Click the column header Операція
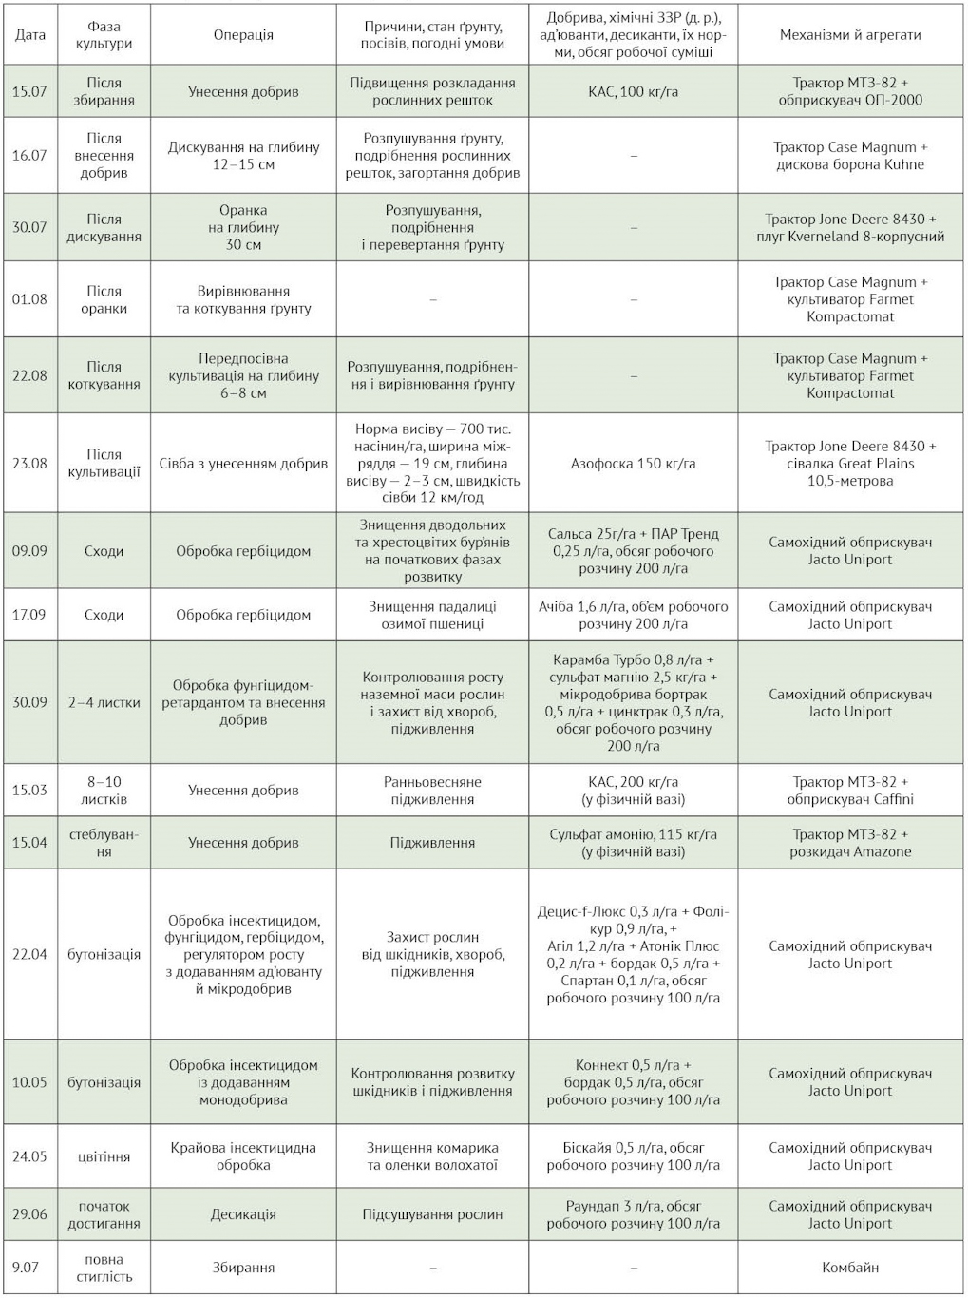pyautogui.click(x=243, y=35)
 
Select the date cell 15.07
pyautogui.click(x=29, y=92)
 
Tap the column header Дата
pyautogui.click(x=30, y=35)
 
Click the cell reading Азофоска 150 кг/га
pyautogui.click(x=633, y=464)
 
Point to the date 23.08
pyautogui.click(x=29, y=464)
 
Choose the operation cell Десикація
pyautogui.click(x=243, y=1214)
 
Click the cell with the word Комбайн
pyautogui.click(x=850, y=1268)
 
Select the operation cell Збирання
pyautogui.click(x=243, y=1268)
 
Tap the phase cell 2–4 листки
pyautogui.click(x=104, y=703)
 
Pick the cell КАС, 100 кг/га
pyautogui.click(x=633, y=92)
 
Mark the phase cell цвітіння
pyautogui.click(x=104, y=1156)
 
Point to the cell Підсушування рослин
pyautogui.click(x=432, y=1214)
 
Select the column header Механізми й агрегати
pyautogui.click(x=850, y=35)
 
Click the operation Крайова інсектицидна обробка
pyautogui.click(x=243, y=1156)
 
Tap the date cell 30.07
pyautogui.click(x=29, y=228)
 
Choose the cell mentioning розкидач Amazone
pyautogui.click(x=850, y=843)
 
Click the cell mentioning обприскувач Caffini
pyautogui.click(x=850, y=791)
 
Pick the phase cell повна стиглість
pyautogui.click(x=104, y=1268)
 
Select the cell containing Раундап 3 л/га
pyautogui.click(x=633, y=1214)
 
